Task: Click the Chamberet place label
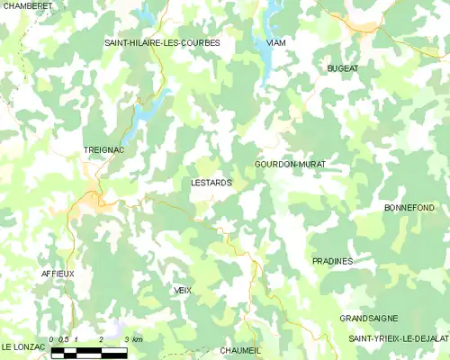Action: pyautogui.click(x=27, y=5)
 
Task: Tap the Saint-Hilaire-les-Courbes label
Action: pyautogui.click(x=162, y=42)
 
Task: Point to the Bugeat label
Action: pyautogui.click(x=342, y=68)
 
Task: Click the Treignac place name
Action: pyautogui.click(x=103, y=150)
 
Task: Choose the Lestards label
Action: pyautogui.click(x=212, y=183)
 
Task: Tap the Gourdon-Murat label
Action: pyautogui.click(x=290, y=165)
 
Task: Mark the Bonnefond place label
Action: pyautogui.click(x=409, y=208)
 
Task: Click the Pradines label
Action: pyautogui.click(x=332, y=261)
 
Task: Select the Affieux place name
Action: pyautogui.click(x=58, y=273)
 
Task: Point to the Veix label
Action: pyautogui.click(x=184, y=290)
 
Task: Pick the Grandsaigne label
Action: pyautogui.click(x=369, y=319)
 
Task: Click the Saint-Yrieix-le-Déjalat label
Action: pyautogui.click(x=399, y=337)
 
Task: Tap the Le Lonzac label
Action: pyautogui.click(x=23, y=346)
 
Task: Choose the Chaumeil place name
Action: pyautogui.click(x=240, y=351)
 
